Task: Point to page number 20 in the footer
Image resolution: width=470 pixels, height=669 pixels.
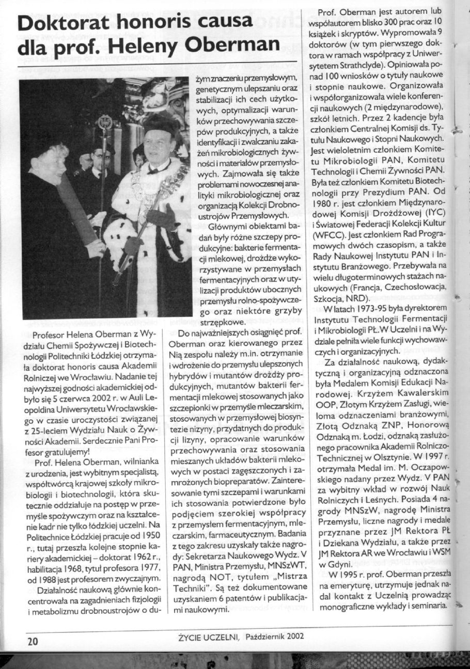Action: tap(33, 641)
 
